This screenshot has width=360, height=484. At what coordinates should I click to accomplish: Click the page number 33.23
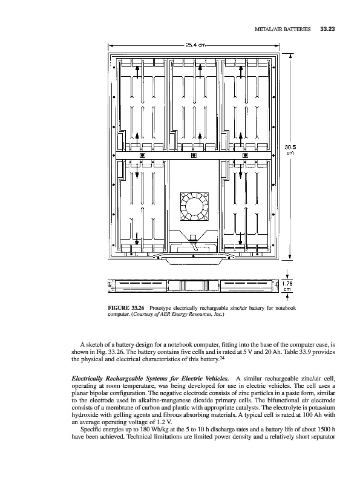click(327, 29)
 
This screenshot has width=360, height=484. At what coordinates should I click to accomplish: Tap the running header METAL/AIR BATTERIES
click(283, 29)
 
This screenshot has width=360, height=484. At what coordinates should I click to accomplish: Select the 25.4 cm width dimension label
click(196, 45)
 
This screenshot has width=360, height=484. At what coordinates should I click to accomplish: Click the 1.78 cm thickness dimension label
click(287, 286)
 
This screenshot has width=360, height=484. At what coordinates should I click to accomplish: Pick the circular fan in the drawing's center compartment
click(194, 207)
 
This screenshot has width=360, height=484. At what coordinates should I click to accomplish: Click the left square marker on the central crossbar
click(142, 155)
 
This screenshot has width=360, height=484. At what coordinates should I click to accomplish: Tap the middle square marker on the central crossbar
click(194, 155)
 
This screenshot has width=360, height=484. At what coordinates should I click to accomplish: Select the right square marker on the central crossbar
click(245, 155)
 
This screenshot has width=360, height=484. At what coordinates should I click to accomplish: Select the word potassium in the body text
click(322, 408)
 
